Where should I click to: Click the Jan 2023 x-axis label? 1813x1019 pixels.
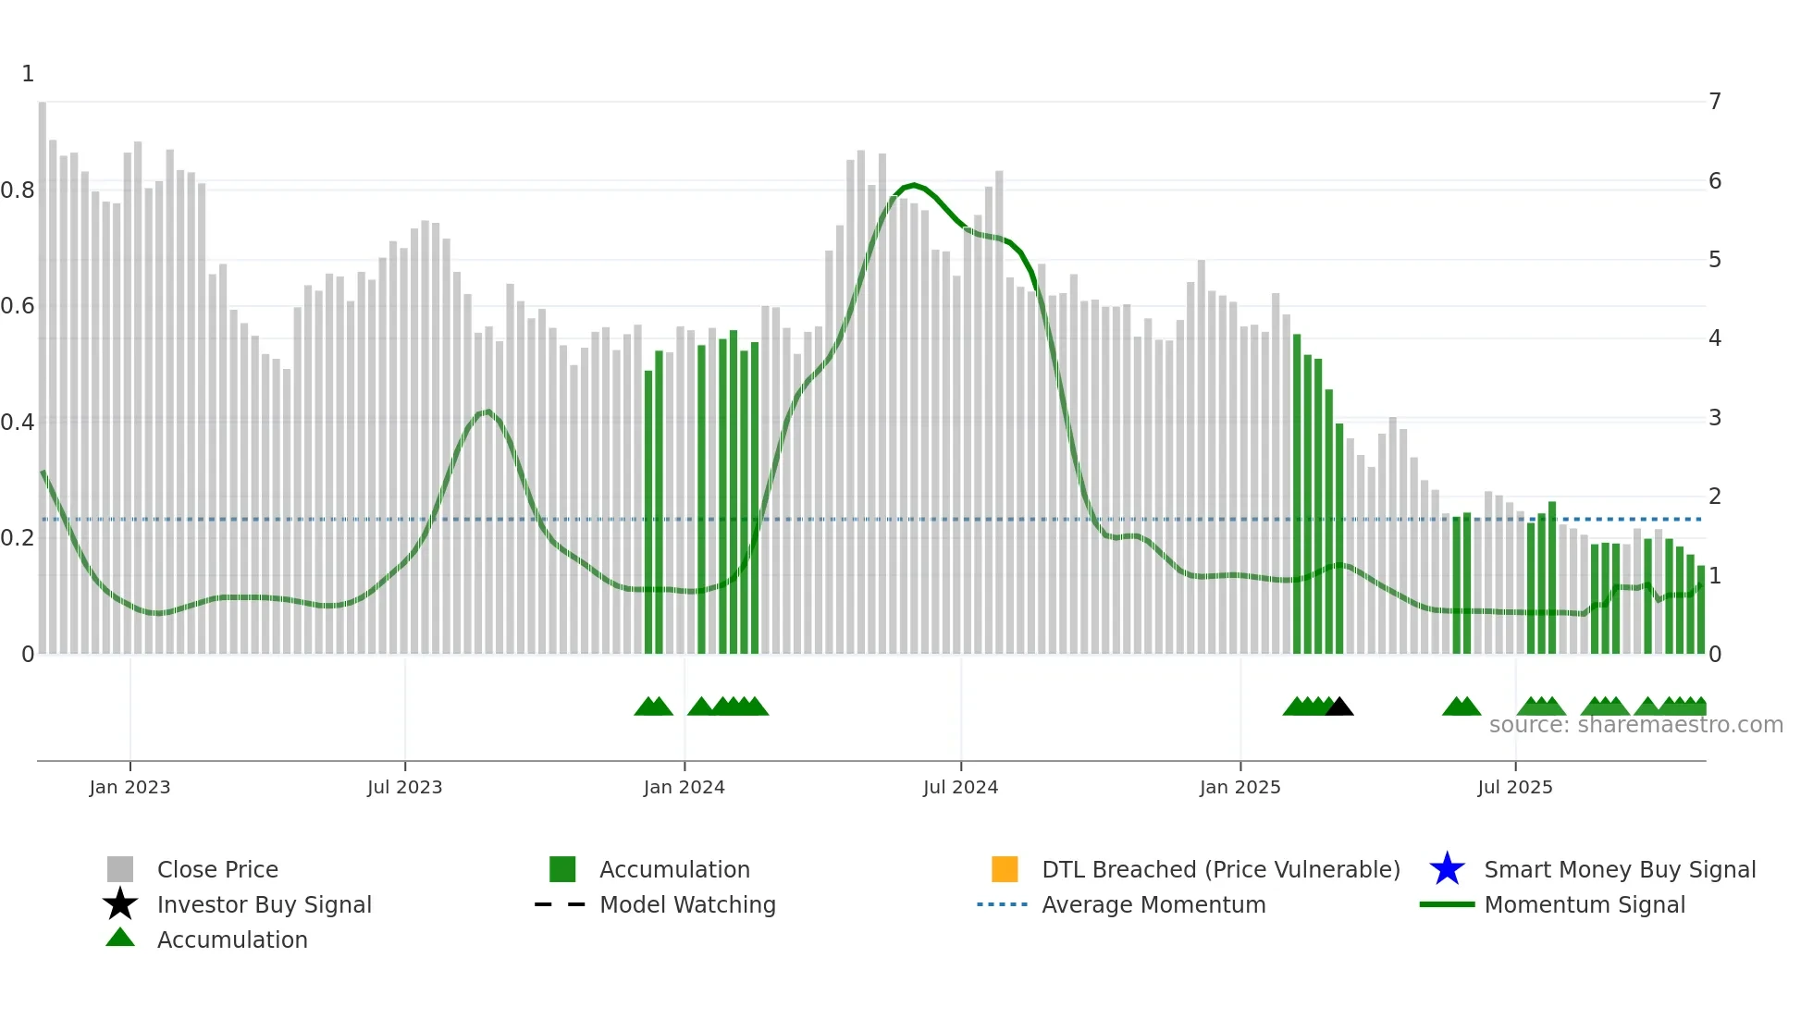pyautogui.click(x=129, y=787)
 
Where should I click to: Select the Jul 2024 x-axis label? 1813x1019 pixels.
pyautogui.click(x=960, y=787)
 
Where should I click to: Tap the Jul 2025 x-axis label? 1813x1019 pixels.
pyautogui.click(x=1514, y=787)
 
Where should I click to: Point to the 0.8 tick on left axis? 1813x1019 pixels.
pyautogui.click(x=18, y=190)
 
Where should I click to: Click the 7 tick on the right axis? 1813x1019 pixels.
pyautogui.click(x=1715, y=102)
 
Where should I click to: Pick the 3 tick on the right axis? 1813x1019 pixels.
pyautogui.click(x=1715, y=418)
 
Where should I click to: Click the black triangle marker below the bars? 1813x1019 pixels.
pyautogui.click(x=1339, y=707)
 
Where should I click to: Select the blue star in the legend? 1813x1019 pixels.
pyautogui.click(x=1447, y=869)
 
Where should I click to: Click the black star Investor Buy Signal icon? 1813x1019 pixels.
pyautogui.click(x=120, y=904)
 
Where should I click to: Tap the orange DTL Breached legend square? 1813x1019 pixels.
pyautogui.click(x=1005, y=869)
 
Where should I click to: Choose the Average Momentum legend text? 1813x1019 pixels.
pyautogui.click(x=1153, y=904)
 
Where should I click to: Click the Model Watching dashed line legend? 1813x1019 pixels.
pyautogui.click(x=560, y=904)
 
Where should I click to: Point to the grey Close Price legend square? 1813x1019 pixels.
pyautogui.click(x=120, y=869)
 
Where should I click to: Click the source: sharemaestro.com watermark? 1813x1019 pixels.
pyautogui.click(x=1635, y=725)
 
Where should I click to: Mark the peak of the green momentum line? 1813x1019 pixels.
pyautogui.click(x=914, y=186)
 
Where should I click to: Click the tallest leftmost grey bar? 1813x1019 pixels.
pyautogui.click(x=43, y=370)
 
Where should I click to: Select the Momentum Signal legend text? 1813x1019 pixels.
pyautogui.click(x=1585, y=904)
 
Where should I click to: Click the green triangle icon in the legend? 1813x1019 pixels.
pyautogui.click(x=120, y=938)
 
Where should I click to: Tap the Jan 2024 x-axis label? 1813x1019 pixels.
pyautogui.click(x=684, y=787)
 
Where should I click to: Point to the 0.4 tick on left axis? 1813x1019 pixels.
pyautogui.click(x=18, y=423)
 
